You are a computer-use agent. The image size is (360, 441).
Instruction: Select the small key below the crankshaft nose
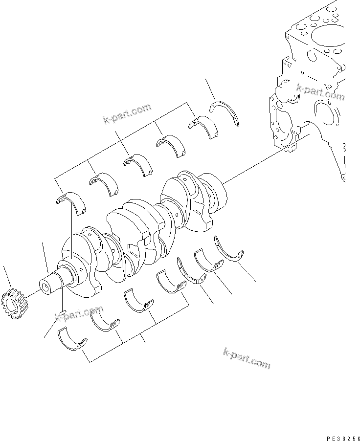[63, 312]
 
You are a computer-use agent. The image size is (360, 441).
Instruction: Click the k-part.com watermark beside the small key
[79, 314]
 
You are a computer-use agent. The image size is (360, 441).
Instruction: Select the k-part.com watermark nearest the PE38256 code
[246, 360]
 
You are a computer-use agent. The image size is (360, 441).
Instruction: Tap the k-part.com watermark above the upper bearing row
[127, 113]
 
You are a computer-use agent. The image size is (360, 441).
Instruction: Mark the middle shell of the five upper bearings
[138, 163]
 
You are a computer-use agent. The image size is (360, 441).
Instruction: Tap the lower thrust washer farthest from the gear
[229, 249]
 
